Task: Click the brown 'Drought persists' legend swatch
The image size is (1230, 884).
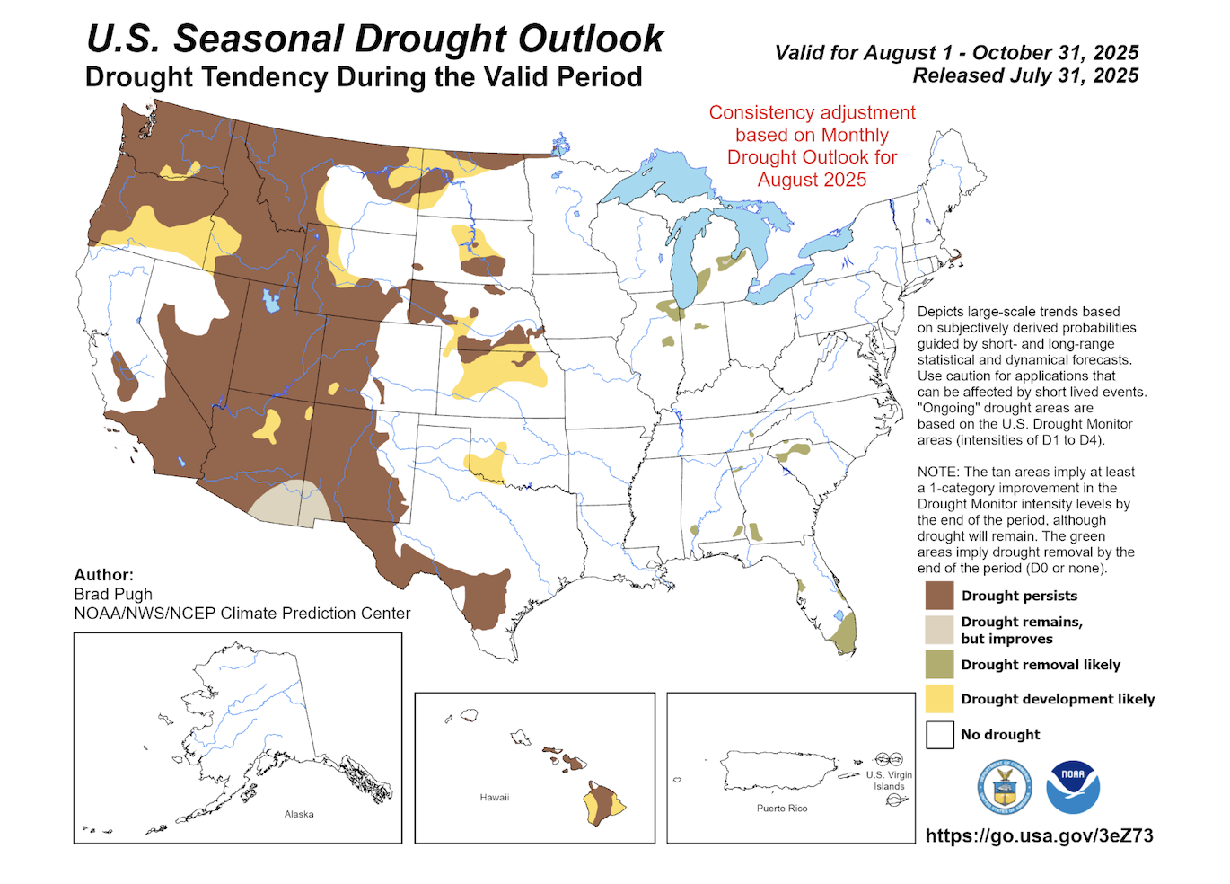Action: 939,596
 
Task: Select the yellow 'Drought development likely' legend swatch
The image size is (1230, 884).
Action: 939,699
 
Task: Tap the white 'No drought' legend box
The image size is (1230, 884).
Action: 939,734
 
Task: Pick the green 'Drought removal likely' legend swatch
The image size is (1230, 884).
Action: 939,665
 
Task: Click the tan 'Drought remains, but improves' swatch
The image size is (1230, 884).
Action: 939,630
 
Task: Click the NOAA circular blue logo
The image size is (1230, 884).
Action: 1073,787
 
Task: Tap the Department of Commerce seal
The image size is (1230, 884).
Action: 1005,787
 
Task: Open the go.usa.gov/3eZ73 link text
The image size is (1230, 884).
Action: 1039,835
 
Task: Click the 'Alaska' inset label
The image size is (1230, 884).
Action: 299,814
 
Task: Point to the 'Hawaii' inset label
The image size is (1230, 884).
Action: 495,798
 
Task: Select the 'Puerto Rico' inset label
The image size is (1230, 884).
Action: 782,809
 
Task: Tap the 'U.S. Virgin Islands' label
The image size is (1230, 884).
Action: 889,780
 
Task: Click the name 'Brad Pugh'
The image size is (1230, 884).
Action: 113,594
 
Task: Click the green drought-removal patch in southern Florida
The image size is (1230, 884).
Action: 844,633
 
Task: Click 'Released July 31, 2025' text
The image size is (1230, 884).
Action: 1025,75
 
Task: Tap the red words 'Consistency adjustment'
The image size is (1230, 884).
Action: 812,112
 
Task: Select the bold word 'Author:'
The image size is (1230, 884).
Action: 103,575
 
